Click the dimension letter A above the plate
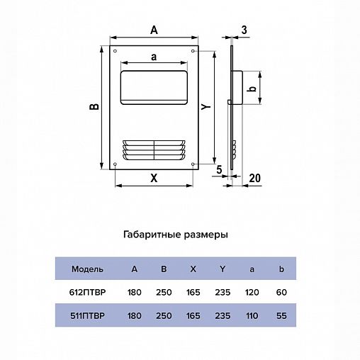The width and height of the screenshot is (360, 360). point(154,29)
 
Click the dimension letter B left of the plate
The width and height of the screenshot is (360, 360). point(94,107)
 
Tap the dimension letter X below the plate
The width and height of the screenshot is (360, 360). point(153,179)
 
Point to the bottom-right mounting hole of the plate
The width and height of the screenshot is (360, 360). point(192,165)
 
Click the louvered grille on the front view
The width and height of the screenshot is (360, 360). point(154,150)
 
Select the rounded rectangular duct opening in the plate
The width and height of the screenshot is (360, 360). point(154,86)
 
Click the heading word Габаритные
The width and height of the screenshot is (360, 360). point(150,234)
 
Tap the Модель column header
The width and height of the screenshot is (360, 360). point(88,269)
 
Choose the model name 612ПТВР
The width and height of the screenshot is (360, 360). point(88,292)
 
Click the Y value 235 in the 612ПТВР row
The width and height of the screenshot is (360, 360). point(223,292)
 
